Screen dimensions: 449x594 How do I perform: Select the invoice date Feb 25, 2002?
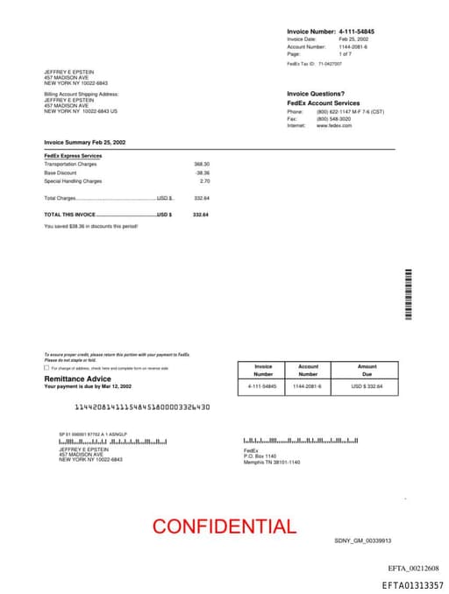(353, 39)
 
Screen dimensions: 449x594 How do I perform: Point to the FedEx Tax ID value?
(330, 64)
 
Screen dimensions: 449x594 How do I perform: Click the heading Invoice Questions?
(316, 94)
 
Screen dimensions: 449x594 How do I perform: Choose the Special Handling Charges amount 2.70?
(204, 180)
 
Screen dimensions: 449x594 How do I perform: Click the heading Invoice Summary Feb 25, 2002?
(85, 142)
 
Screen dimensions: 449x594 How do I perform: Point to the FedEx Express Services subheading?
(73, 156)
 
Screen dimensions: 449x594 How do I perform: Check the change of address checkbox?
(46, 368)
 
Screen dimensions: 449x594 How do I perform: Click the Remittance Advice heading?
(78, 378)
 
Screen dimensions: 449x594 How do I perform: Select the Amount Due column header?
(367, 371)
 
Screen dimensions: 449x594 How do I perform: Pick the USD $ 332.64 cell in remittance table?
(367, 385)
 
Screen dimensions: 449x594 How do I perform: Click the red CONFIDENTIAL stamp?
(224, 527)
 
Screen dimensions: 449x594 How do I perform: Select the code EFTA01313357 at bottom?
(412, 584)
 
